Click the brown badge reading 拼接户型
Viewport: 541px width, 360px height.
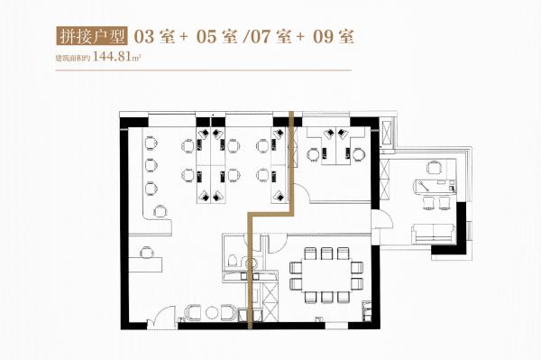coord(91,36)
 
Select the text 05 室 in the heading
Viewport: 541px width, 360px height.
coord(216,37)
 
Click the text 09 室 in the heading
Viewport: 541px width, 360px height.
coord(334,37)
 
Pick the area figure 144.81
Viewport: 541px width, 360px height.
coord(112,57)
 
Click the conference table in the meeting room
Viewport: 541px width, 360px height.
coord(326,275)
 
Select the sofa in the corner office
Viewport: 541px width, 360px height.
coord(434,234)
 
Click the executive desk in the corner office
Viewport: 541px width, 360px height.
coord(434,188)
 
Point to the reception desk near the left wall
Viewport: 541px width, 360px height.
coord(145,264)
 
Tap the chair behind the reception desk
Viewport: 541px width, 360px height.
coord(146,252)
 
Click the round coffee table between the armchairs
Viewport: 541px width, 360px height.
coord(211,313)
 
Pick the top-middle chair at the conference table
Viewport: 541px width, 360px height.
coord(326,253)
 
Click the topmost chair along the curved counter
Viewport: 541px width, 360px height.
coord(151,143)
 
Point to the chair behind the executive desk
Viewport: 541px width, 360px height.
coord(434,168)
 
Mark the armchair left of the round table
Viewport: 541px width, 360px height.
coord(193,312)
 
